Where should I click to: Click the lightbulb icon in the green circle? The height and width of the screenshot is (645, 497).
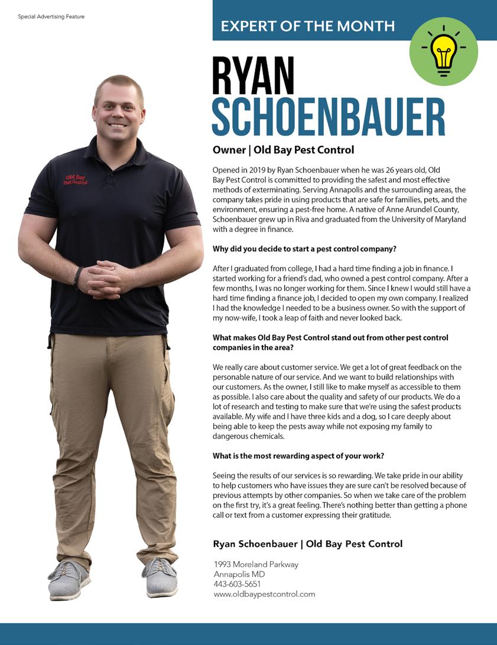pyautogui.click(x=443, y=52)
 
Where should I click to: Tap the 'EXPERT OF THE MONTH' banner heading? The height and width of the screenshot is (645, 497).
pyautogui.click(x=307, y=25)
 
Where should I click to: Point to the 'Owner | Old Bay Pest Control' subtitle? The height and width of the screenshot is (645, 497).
pyautogui.click(x=283, y=150)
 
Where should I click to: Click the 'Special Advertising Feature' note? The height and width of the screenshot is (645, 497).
pyautogui.click(x=51, y=17)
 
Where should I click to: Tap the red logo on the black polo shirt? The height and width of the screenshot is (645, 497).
pyautogui.click(x=76, y=180)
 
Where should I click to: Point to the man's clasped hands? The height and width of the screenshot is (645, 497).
pyautogui.click(x=106, y=278)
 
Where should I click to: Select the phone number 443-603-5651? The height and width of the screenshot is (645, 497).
pyautogui.click(x=237, y=584)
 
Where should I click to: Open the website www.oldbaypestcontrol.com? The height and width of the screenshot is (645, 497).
pyautogui.click(x=264, y=594)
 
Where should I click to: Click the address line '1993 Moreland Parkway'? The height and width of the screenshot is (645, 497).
pyautogui.click(x=256, y=565)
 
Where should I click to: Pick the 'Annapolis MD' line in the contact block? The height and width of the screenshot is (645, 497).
pyautogui.click(x=239, y=574)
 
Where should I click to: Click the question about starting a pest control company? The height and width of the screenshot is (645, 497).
pyautogui.click(x=304, y=249)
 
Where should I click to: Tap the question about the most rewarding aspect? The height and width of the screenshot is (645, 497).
pyautogui.click(x=298, y=456)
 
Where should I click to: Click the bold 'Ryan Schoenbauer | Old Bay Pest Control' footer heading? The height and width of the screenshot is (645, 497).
pyautogui.click(x=307, y=543)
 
